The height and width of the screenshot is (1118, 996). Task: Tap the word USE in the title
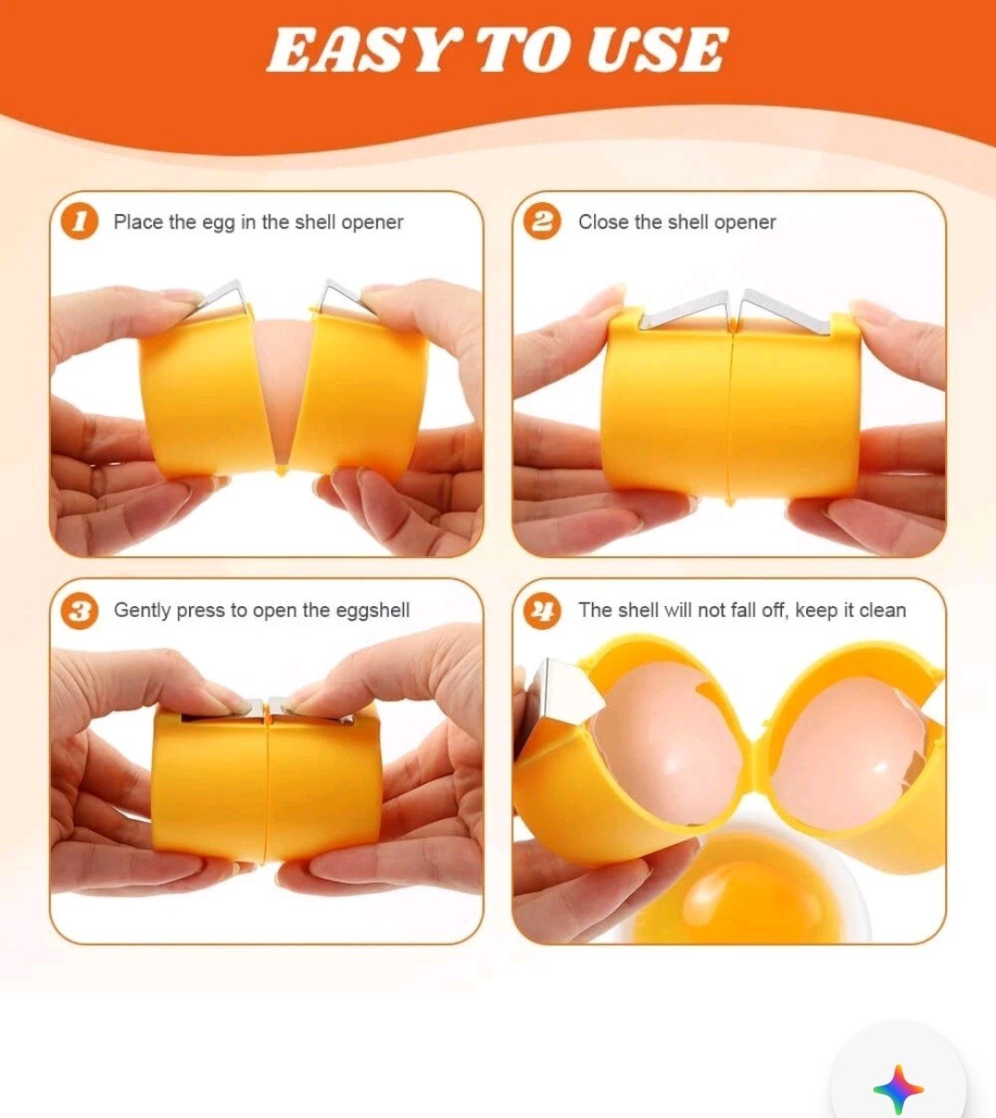(x=657, y=51)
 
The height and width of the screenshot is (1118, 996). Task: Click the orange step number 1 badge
(x=80, y=222)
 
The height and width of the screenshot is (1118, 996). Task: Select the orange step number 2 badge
(x=542, y=222)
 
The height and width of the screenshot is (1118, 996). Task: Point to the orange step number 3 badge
(x=80, y=611)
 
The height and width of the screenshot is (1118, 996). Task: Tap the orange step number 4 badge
(x=542, y=611)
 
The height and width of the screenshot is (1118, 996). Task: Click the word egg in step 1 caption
(x=219, y=223)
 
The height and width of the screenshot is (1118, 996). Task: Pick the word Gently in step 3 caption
(x=142, y=611)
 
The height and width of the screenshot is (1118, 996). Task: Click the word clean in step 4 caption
(x=882, y=610)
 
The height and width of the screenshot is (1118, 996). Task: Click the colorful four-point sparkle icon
(x=897, y=1089)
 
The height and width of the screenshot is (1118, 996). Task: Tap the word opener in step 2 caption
(x=744, y=222)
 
